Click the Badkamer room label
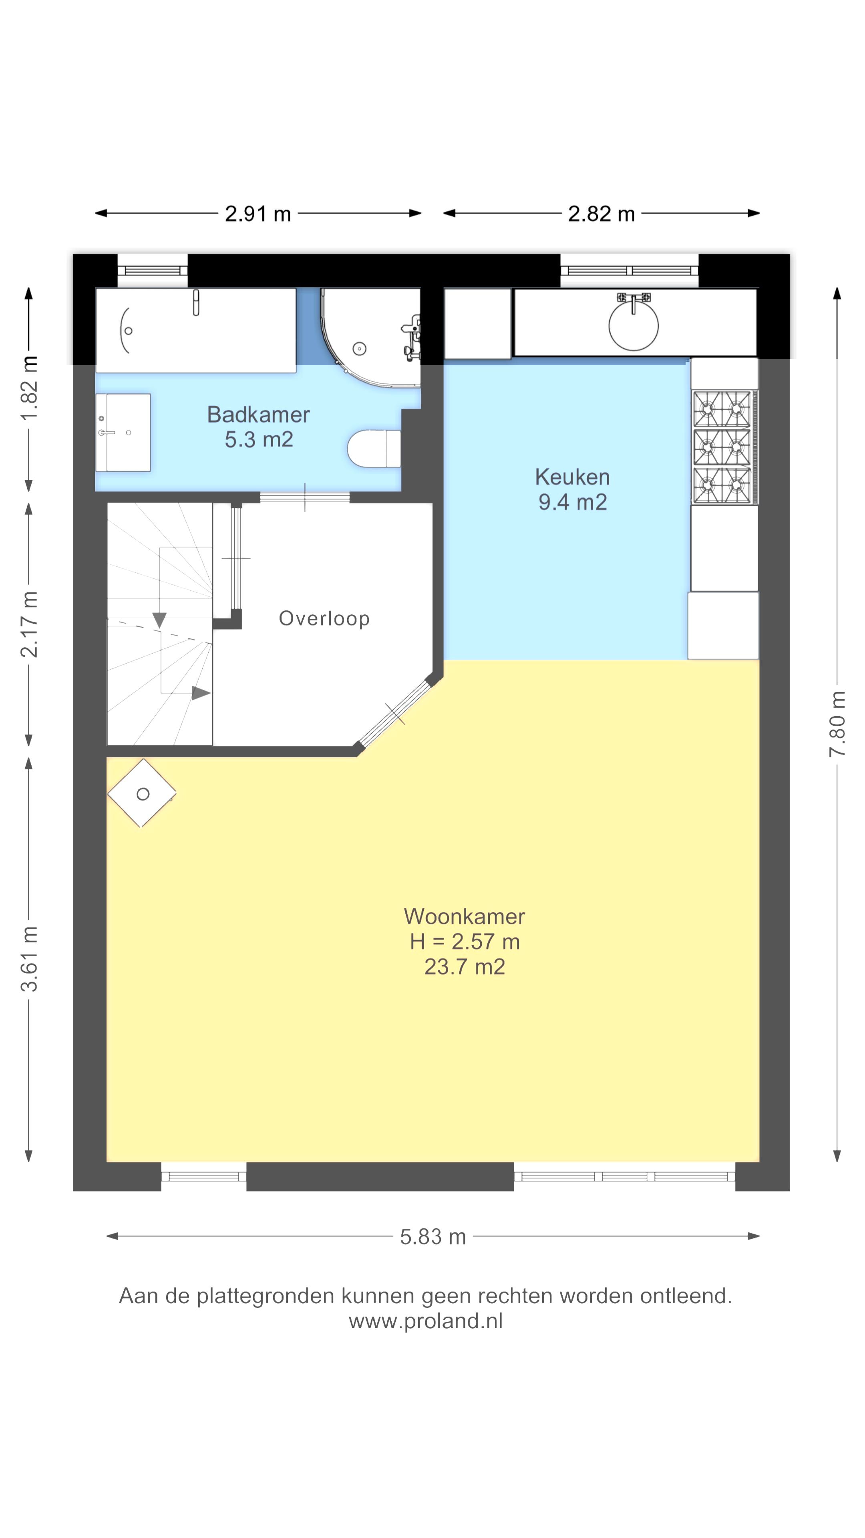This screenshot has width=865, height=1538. [258, 415]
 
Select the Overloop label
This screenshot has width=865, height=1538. [324, 618]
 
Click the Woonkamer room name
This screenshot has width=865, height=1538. [465, 916]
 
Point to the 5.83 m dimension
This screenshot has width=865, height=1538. [433, 1236]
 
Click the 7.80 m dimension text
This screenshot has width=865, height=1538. [837, 724]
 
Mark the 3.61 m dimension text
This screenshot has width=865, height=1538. [29, 959]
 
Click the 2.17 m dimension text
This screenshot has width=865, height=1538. [29, 624]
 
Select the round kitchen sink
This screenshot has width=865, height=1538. [634, 325]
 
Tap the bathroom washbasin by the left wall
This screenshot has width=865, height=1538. [123, 432]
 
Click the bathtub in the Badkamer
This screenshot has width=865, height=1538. [196, 330]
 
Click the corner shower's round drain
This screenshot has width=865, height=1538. [359, 348]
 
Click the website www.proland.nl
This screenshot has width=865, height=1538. [426, 1320]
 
